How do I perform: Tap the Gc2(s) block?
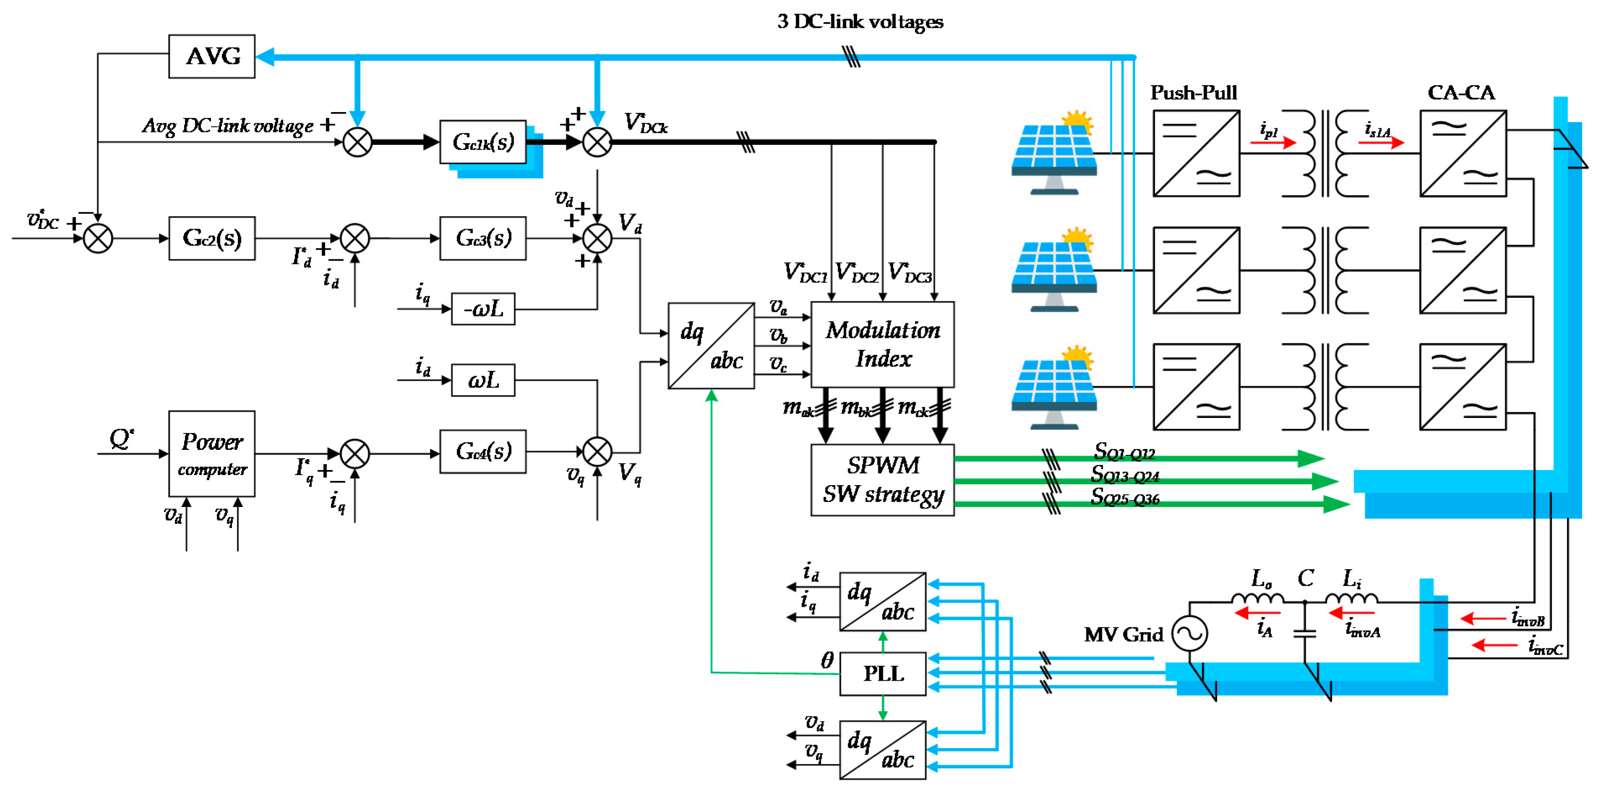tap(211, 238)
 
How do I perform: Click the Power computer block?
tap(211, 454)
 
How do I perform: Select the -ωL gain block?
tap(483, 308)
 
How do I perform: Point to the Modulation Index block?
tap(882, 344)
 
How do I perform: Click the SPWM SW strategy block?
tap(882, 480)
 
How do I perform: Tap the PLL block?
tap(882, 674)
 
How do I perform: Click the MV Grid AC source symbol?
tap(1190, 633)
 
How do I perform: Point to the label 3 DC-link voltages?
tap(859, 21)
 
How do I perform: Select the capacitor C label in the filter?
tap(1306, 578)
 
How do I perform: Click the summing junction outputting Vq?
tap(597, 452)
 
